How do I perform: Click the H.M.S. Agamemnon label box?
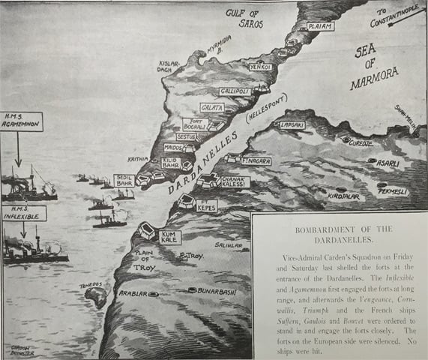[x=21, y=122]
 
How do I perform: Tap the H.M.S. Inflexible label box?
[x=22, y=213]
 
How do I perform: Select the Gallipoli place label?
[x=234, y=91]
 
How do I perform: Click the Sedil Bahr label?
[x=124, y=180]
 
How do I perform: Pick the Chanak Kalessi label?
[x=235, y=181]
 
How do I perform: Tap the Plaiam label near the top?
[x=320, y=26]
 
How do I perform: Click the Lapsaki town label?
[x=293, y=125]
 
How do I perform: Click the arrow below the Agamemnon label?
[x=18, y=154]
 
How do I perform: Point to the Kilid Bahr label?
[x=169, y=162]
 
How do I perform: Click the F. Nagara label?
[x=256, y=161]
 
